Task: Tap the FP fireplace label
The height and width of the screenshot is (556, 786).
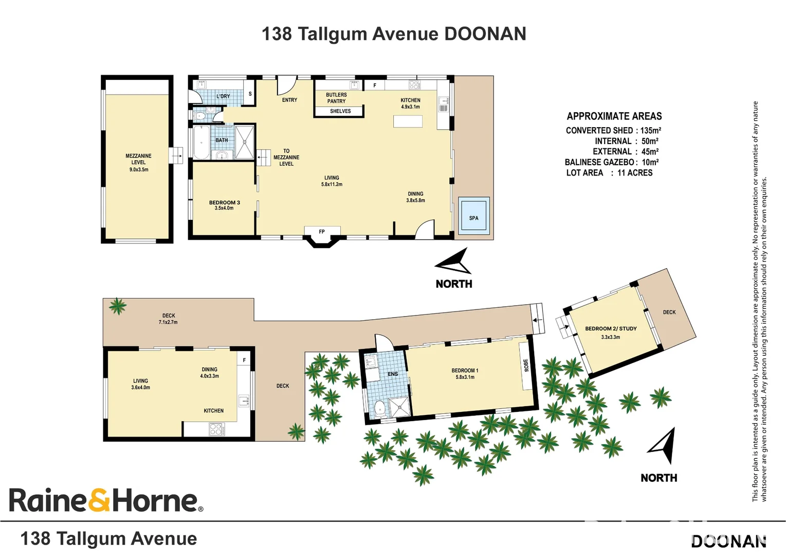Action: (322, 232)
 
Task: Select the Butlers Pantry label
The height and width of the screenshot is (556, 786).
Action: (336, 98)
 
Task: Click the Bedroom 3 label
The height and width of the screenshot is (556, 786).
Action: (224, 205)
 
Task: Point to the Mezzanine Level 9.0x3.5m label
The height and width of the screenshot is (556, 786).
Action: (138, 162)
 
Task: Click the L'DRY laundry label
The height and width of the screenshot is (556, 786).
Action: (223, 96)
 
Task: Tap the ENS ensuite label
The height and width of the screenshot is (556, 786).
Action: (393, 374)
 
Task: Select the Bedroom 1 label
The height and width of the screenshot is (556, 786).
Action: (465, 373)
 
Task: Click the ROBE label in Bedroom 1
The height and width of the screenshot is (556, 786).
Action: (526, 365)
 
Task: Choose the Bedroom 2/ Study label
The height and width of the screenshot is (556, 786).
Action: (611, 332)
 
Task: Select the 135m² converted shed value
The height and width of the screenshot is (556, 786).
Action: (650, 130)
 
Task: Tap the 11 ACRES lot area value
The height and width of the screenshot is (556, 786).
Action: (635, 173)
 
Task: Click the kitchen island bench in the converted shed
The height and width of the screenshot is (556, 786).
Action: (408, 121)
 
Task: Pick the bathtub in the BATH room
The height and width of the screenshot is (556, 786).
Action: (201, 143)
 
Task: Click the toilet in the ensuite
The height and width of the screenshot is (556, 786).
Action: (379, 408)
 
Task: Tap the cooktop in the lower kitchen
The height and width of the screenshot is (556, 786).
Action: (216, 429)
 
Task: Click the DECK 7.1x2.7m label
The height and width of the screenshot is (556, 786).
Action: (168, 319)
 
